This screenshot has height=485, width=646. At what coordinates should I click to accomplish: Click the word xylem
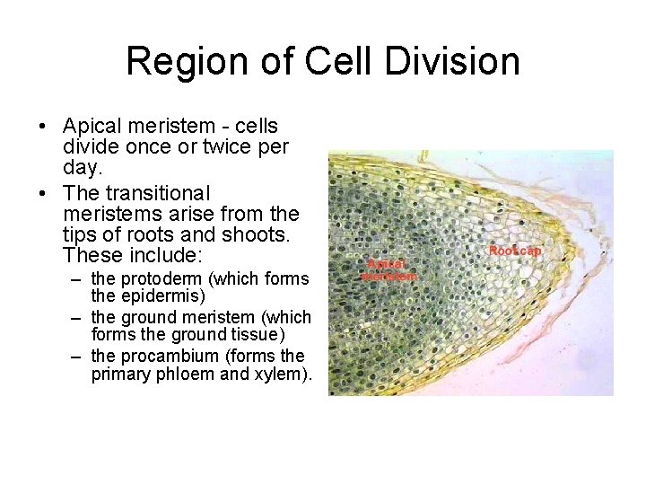point(280,375)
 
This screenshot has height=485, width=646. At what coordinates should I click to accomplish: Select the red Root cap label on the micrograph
point(515,251)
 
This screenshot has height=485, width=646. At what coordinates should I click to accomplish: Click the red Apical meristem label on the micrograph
point(388,270)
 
